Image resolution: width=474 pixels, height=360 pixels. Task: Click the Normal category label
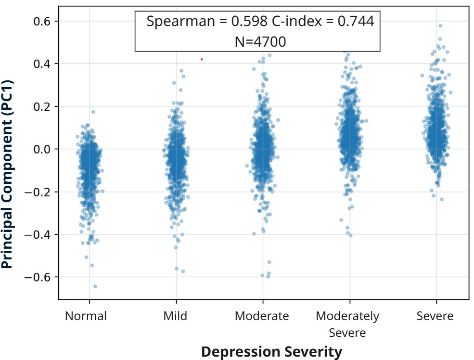click(86, 316)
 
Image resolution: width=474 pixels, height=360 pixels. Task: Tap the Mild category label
click(175, 316)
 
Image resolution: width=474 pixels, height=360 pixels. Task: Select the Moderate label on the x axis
click(262, 316)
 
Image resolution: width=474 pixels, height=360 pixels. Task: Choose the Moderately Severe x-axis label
click(347, 324)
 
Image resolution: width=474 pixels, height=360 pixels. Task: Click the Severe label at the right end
click(435, 316)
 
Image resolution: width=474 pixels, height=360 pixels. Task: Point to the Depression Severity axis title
click(271, 352)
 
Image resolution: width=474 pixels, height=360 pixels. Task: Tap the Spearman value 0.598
click(245, 21)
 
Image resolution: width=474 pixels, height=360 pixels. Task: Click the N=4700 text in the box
click(260, 42)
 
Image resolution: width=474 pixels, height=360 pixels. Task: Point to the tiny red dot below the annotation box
click(202, 59)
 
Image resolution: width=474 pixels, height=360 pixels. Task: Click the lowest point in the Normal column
click(95, 286)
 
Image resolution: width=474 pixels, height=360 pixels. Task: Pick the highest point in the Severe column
click(440, 26)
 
